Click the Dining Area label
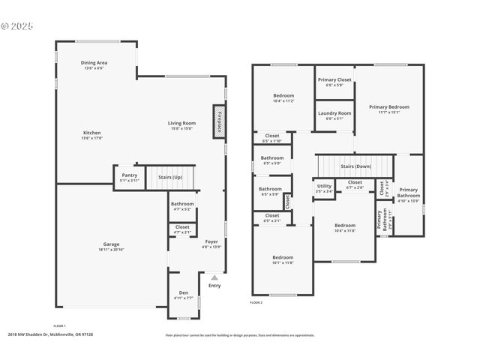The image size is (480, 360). [x=96, y=63]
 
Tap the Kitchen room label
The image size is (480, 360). [x=92, y=133]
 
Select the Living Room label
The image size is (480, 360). [x=181, y=123]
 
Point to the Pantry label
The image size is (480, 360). [x=130, y=175]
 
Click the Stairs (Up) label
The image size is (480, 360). [x=169, y=177]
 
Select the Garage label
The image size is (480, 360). [x=111, y=244]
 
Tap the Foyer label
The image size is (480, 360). [x=211, y=241]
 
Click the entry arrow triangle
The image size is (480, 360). [x=214, y=277]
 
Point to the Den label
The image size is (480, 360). [x=184, y=292]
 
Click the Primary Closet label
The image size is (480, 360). [x=334, y=80]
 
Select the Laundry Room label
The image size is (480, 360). [x=334, y=113]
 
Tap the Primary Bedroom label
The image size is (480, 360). [x=389, y=106]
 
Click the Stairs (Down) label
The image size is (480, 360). [x=356, y=166]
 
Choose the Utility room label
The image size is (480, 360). [x=324, y=186]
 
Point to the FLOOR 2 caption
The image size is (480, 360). [x=256, y=302]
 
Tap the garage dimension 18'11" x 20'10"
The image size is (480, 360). [x=111, y=249]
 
